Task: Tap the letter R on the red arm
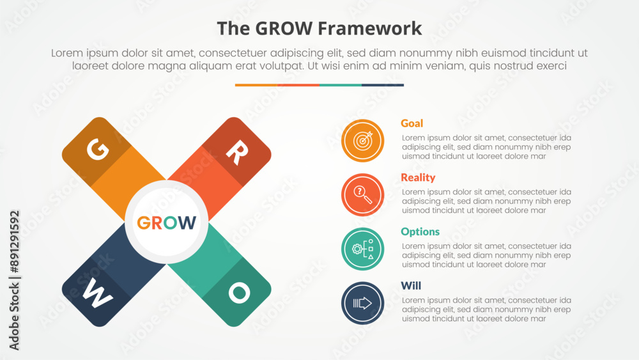(x=236, y=153)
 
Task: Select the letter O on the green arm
(x=238, y=293)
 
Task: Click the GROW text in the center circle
(x=167, y=223)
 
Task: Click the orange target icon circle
(x=363, y=141)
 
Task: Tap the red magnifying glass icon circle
(x=363, y=195)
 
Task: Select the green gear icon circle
(x=363, y=249)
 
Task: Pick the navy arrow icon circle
(x=363, y=303)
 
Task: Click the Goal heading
(x=412, y=123)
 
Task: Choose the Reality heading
(x=418, y=178)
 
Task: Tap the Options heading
(x=420, y=231)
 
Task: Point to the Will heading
(x=411, y=286)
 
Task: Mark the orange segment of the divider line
(x=256, y=85)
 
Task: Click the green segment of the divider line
(x=340, y=85)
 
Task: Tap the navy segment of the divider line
(x=383, y=85)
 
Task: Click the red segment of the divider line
(x=298, y=85)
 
